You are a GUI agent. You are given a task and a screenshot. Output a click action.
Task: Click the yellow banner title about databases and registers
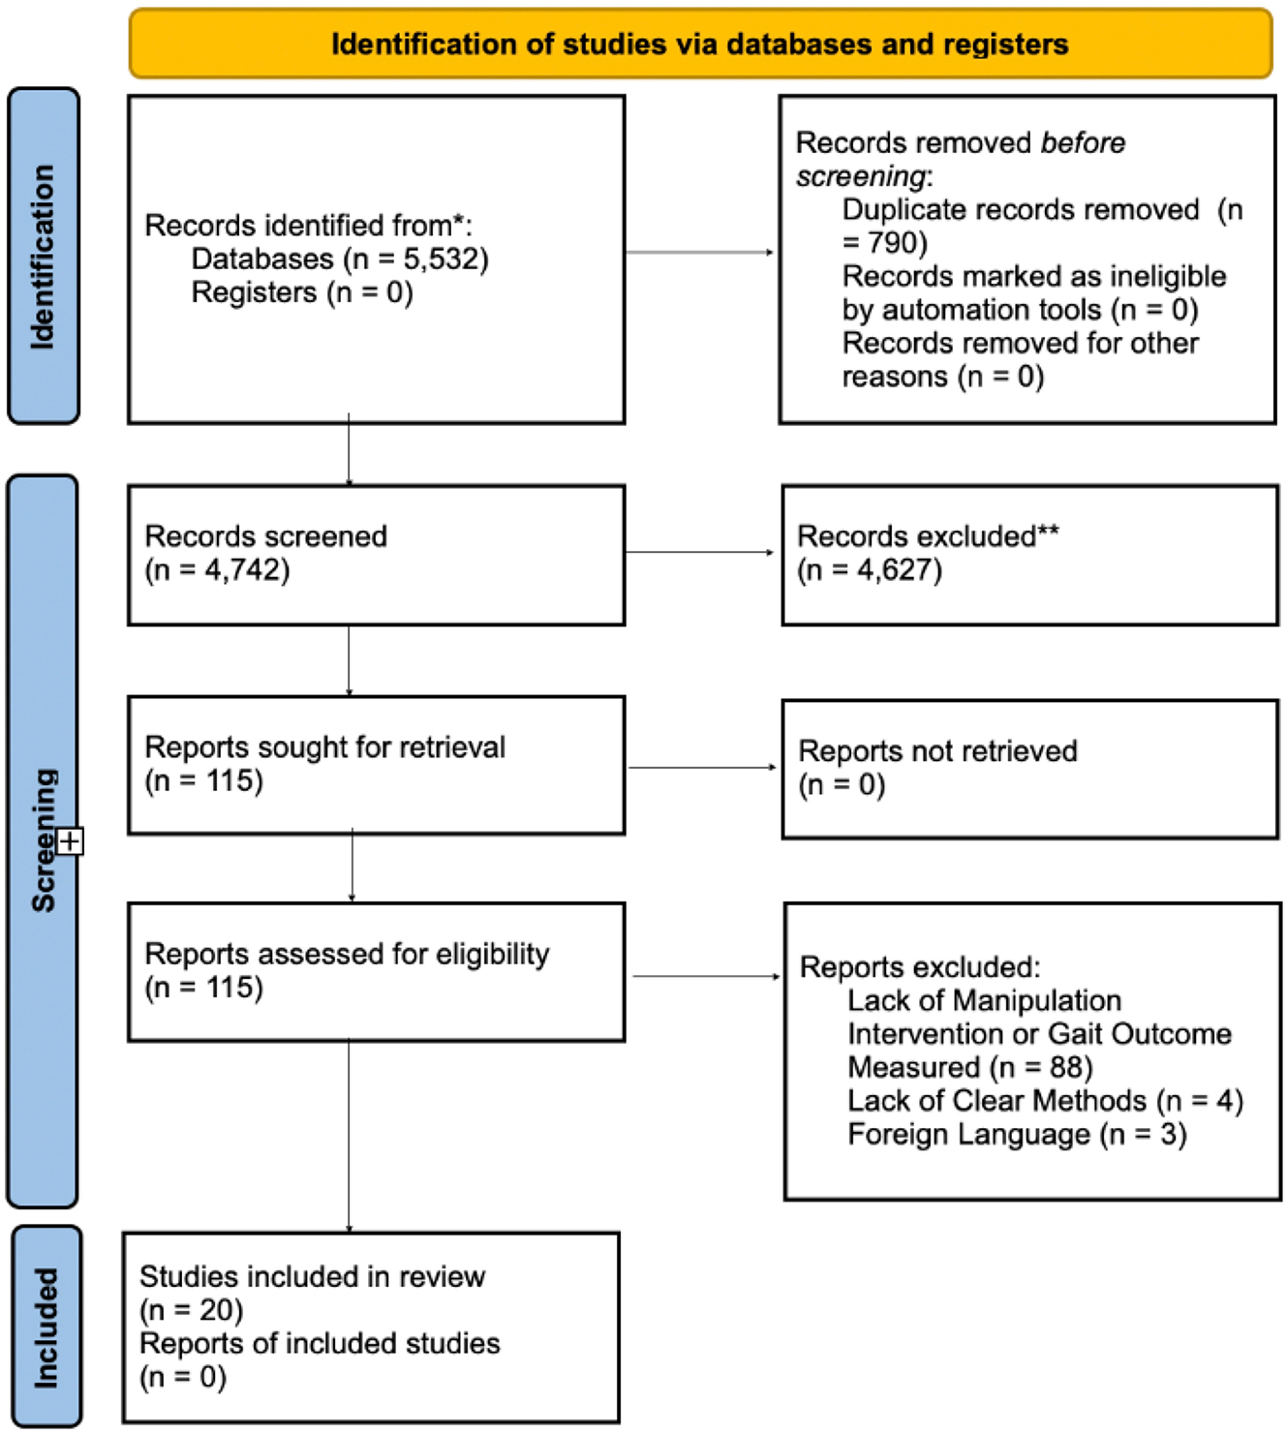(699, 45)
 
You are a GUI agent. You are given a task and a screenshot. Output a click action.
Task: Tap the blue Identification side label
(44, 257)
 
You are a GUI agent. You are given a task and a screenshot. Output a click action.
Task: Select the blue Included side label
(46, 1327)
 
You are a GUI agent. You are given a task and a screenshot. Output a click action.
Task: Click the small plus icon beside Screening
(70, 841)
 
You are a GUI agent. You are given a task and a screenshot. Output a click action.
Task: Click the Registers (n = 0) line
(302, 292)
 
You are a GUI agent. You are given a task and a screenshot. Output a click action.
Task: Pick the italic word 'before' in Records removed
(1083, 143)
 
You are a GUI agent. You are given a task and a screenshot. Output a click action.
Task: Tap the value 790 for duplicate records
(897, 243)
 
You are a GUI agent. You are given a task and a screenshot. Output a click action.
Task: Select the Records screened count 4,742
(246, 569)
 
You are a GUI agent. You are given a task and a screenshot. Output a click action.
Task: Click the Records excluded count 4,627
(898, 569)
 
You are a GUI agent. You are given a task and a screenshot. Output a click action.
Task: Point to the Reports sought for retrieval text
(324, 748)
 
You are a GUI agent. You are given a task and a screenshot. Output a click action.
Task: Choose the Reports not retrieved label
(937, 751)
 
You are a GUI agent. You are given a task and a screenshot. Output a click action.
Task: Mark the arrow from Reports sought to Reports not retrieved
(702, 768)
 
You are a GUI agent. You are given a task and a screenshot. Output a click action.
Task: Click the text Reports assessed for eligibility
(347, 955)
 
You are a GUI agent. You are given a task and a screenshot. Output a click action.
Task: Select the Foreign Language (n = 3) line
(1017, 1135)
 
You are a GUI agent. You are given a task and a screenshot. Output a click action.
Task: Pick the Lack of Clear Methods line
(1044, 1101)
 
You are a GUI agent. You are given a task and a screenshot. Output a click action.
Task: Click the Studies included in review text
(312, 1277)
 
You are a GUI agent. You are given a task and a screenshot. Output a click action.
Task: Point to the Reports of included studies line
(320, 1344)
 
